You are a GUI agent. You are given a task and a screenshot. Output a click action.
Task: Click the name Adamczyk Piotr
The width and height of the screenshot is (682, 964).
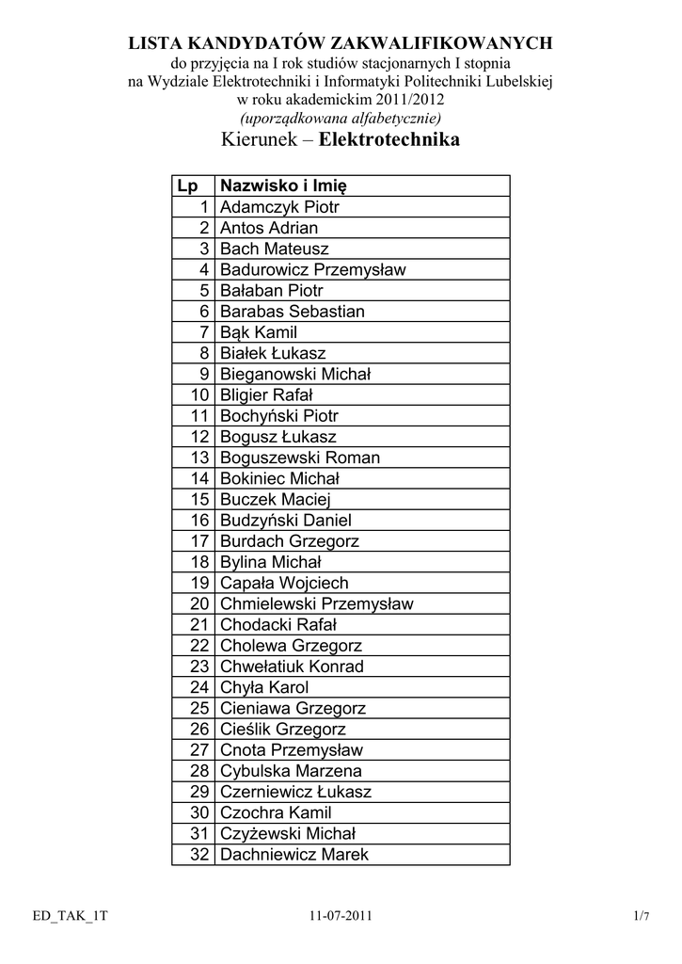pos(279,207)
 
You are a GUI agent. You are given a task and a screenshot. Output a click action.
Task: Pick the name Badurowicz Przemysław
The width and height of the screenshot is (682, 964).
pos(312,270)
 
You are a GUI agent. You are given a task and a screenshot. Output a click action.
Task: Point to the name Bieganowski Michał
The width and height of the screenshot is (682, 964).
pos(295,375)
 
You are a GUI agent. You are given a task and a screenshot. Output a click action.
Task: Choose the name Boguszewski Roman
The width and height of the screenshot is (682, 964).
pos(299,458)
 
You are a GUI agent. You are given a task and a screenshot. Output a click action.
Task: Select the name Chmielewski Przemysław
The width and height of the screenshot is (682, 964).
pos(316,604)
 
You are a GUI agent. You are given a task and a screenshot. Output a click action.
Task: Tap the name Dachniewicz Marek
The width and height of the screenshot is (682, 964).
pos(294,855)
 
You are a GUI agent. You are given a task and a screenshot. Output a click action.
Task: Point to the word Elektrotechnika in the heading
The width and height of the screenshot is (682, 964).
pos(389,141)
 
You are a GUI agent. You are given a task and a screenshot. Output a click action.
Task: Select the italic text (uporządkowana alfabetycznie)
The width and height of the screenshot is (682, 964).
pos(341,118)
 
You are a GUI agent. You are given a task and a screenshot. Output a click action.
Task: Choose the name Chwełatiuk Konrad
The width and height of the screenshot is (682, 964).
pos(292,667)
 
